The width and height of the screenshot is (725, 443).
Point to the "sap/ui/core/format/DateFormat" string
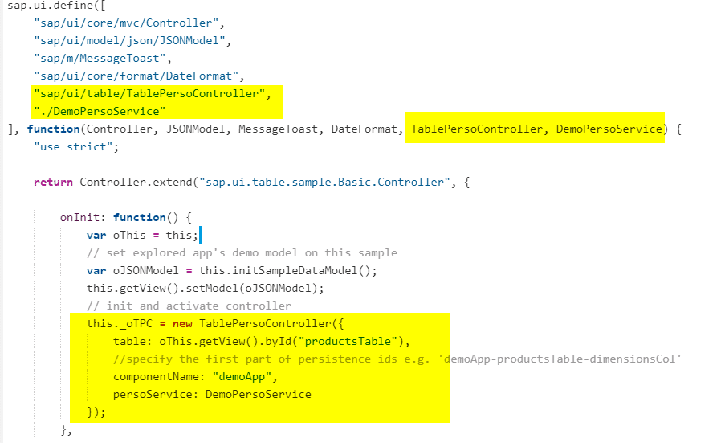pyautogui.click(x=133, y=76)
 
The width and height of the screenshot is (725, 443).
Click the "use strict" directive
pyautogui.click(x=71, y=146)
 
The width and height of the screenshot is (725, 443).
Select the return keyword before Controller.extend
pyautogui.click(x=53, y=182)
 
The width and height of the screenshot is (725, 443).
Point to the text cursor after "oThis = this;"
pyautogui.click(x=199, y=235)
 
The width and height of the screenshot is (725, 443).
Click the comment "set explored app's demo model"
pyautogui.click(x=241, y=252)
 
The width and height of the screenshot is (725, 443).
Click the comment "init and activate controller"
pyautogui.click(x=189, y=306)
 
